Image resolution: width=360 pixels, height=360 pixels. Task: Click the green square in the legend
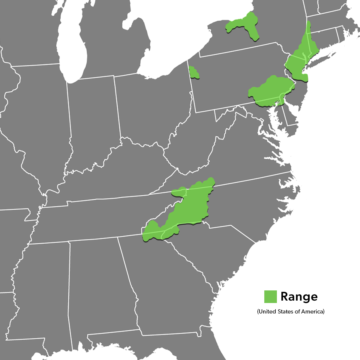click(270, 296)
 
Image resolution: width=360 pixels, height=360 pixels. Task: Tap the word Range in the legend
click(299, 296)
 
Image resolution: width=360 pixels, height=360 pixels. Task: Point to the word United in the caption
click(267, 311)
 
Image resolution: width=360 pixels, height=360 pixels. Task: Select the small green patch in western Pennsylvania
click(193, 72)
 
